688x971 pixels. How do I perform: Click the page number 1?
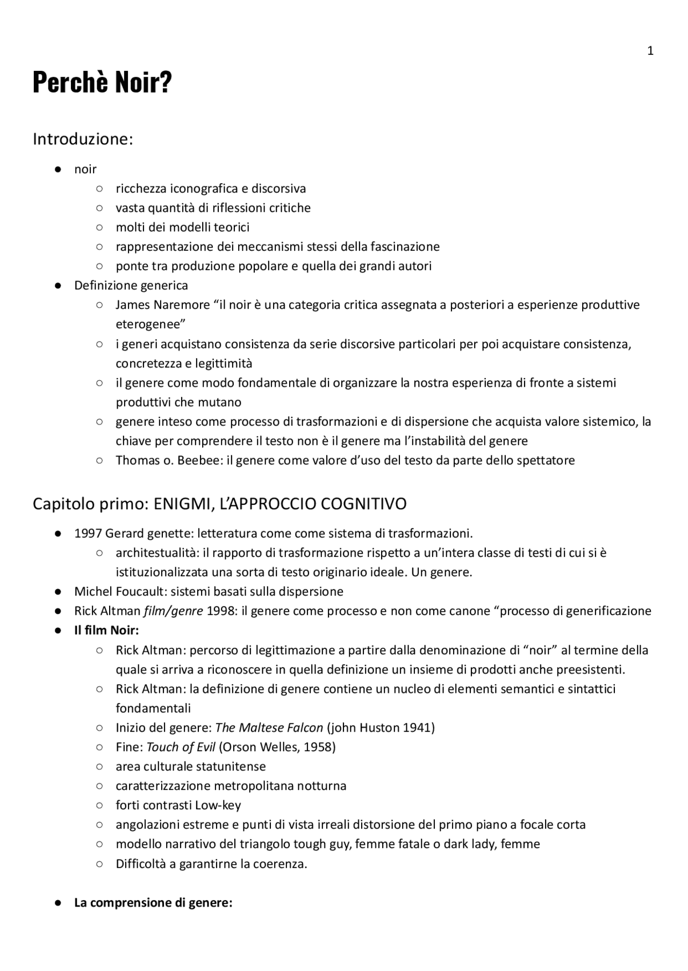pos(650,51)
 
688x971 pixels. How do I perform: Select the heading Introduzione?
pos(82,139)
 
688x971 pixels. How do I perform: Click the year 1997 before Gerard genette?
pos(88,533)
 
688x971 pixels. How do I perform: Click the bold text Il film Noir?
pos(106,630)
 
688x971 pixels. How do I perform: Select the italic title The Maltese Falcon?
pos(269,727)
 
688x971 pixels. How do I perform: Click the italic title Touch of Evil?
pos(181,747)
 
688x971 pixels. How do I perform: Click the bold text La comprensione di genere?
pos(153,902)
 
